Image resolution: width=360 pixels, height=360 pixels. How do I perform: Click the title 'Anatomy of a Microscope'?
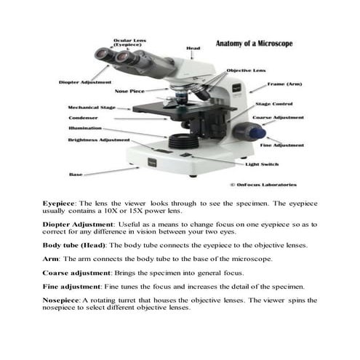(255, 44)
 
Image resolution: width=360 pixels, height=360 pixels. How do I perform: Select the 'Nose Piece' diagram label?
(130, 92)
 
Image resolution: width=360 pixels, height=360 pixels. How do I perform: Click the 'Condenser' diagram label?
(83, 118)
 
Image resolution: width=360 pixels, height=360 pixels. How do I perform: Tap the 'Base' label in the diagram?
(76, 175)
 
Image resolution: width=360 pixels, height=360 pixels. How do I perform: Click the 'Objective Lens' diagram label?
(246, 71)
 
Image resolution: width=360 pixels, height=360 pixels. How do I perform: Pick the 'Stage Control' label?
(273, 105)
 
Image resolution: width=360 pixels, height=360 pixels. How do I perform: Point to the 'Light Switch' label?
(261, 164)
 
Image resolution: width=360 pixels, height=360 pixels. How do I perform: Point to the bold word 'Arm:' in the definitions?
(50, 259)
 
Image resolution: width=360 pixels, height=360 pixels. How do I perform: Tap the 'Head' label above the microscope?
(193, 49)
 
